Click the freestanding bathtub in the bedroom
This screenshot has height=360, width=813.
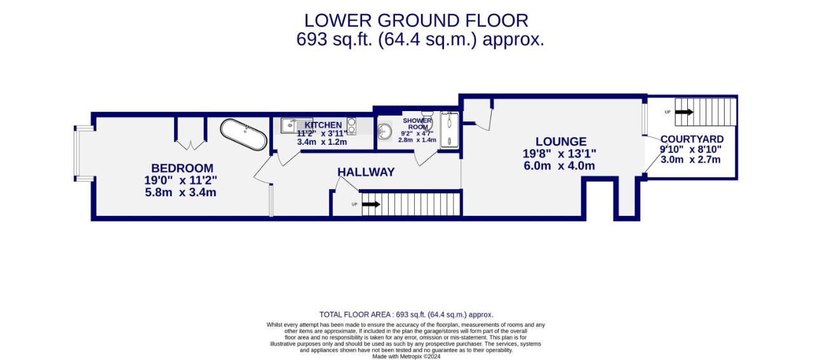pyautogui.click(x=243, y=134)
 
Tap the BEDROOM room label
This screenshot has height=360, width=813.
pyautogui.click(x=182, y=168)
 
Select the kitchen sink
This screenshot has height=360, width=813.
pyautogui.click(x=292, y=126)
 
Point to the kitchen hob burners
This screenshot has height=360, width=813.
pyautogui.click(x=351, y=126)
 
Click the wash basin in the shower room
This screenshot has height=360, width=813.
pyautogui.click(x=385, y=131)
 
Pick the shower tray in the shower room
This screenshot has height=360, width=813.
pyautogui.click(x=450, y=130)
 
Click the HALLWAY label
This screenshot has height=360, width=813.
pyautogui.click(x=366, y=172)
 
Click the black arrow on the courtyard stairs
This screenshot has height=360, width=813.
pyautogui.click(x=684, y=112)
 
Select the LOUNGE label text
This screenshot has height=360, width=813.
pyautogui.click(x=561, y=142)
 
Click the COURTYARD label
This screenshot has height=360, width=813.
pyautogui.click(x=692, y=139)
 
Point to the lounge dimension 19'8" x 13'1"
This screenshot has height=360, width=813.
pyautogui.click(x=560, y=154)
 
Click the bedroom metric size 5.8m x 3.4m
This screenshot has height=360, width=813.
pyautogui.click(x=180, y=192)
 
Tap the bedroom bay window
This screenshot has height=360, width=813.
pyautogui.click(x=77, y=153)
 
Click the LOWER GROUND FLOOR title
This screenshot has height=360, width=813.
pyautogui.click(x=416, y=21)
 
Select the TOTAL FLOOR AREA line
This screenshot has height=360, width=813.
pyautogui.click(x=406, y=315)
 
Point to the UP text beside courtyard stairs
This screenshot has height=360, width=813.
pyautogui.click(x=668, y=112)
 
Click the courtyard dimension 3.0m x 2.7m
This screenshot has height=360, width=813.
pyautogui.click(x=690, y=159)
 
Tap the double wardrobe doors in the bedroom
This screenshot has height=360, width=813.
pyautogui.click(x=190, y=145)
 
